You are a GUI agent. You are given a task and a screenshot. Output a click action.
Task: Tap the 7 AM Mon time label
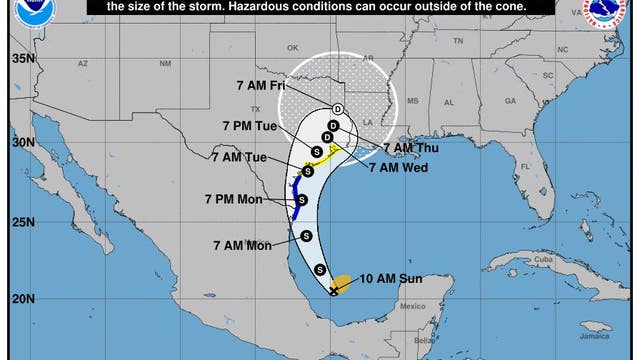(x=242, y=244)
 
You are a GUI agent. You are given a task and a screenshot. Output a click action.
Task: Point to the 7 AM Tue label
(x=239, y=156)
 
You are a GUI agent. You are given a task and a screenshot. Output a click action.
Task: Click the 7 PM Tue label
(x=249, y=126)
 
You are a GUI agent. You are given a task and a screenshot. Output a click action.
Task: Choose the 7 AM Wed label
(x=398, y=166)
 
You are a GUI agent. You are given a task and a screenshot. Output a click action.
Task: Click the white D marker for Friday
(x=338, y=108)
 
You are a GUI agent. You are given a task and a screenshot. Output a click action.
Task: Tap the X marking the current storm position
(x=333, y=290)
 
